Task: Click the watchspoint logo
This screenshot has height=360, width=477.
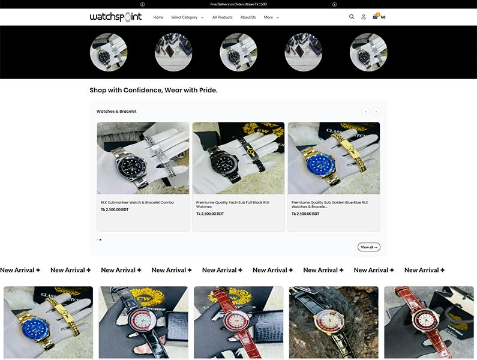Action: click(116, 17)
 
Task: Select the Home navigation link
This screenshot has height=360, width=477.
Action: click(158, 17)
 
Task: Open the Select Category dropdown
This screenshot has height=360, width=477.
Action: click(187, 17)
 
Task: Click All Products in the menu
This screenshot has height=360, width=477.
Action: click(222, 17)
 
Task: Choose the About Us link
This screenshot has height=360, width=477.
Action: click(248, 17)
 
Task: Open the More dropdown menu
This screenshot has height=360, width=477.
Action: click(271, 17)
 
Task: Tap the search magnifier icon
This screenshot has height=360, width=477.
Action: click(352, 17)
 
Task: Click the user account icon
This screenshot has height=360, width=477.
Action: click(364, 17)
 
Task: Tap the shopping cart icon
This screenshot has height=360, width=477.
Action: click(376, 17)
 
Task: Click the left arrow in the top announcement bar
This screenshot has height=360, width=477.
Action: click(142, 4)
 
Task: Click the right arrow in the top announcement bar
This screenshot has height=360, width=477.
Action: click(334, 4)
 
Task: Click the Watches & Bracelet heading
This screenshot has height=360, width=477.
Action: click(116, 111)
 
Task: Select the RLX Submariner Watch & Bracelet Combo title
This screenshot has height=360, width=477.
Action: click(137, 202)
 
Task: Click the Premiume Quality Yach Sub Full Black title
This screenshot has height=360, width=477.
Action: click(233, 205)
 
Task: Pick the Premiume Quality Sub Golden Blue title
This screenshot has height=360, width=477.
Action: click(330, 205)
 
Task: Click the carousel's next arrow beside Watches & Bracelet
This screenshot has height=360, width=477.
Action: click(376, 111)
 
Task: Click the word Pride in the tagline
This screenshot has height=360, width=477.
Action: click(206, 90)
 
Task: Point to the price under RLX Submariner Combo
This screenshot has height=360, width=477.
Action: click(115, 210)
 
